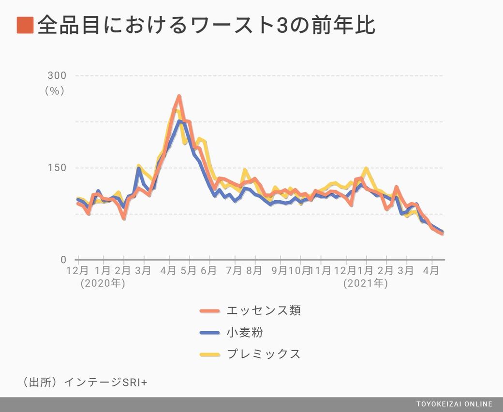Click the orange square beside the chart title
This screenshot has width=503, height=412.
[25, 25]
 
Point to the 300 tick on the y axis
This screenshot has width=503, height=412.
[57, 75]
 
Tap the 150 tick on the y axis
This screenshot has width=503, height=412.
[57, 168]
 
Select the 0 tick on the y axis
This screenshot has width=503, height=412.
[63, 260]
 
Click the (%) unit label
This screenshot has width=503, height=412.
[55, 90]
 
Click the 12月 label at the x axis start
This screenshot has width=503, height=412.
[77, 271]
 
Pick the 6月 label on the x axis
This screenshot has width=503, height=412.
[208, 271]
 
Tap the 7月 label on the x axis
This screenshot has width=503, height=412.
[234, 271]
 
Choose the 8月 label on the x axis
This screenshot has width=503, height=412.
[254, 271]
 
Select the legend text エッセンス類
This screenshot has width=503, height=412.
[264, 310]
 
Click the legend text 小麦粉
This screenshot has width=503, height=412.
[245, 332]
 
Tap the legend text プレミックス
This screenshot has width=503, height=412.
[264, 354]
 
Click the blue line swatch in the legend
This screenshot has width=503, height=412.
[210, 333]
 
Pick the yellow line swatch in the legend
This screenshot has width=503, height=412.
[210, 354]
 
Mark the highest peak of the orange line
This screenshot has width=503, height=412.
[179, 97]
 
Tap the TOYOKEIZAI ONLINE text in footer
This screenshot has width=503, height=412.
[454, 404]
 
